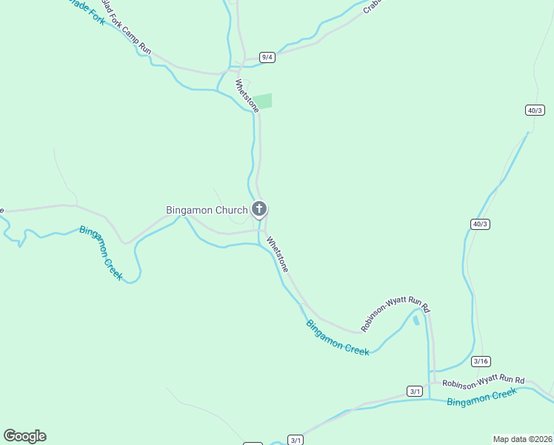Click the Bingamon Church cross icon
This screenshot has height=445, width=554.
(259, 209)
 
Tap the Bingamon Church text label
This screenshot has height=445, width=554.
(207, 210)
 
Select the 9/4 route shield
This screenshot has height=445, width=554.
(267, 57)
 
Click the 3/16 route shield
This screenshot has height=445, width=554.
(481, 361)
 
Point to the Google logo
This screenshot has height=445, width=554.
(24, 436)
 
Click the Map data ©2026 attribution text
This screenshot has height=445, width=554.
(522, 438)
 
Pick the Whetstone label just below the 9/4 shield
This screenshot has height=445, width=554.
(247, 96)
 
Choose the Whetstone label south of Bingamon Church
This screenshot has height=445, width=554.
(277, 254)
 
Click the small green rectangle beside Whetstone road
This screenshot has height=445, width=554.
(264, 101)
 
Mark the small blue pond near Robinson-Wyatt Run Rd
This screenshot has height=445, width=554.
(416, 320)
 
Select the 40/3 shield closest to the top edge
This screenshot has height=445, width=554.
(535, 110)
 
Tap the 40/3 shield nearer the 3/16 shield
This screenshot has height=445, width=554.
(481, 223)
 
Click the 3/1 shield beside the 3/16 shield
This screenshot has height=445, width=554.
(415, 391)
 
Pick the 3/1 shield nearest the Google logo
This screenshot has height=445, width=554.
(296, 440)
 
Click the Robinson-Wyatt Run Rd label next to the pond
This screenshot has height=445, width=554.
(396, 314)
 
